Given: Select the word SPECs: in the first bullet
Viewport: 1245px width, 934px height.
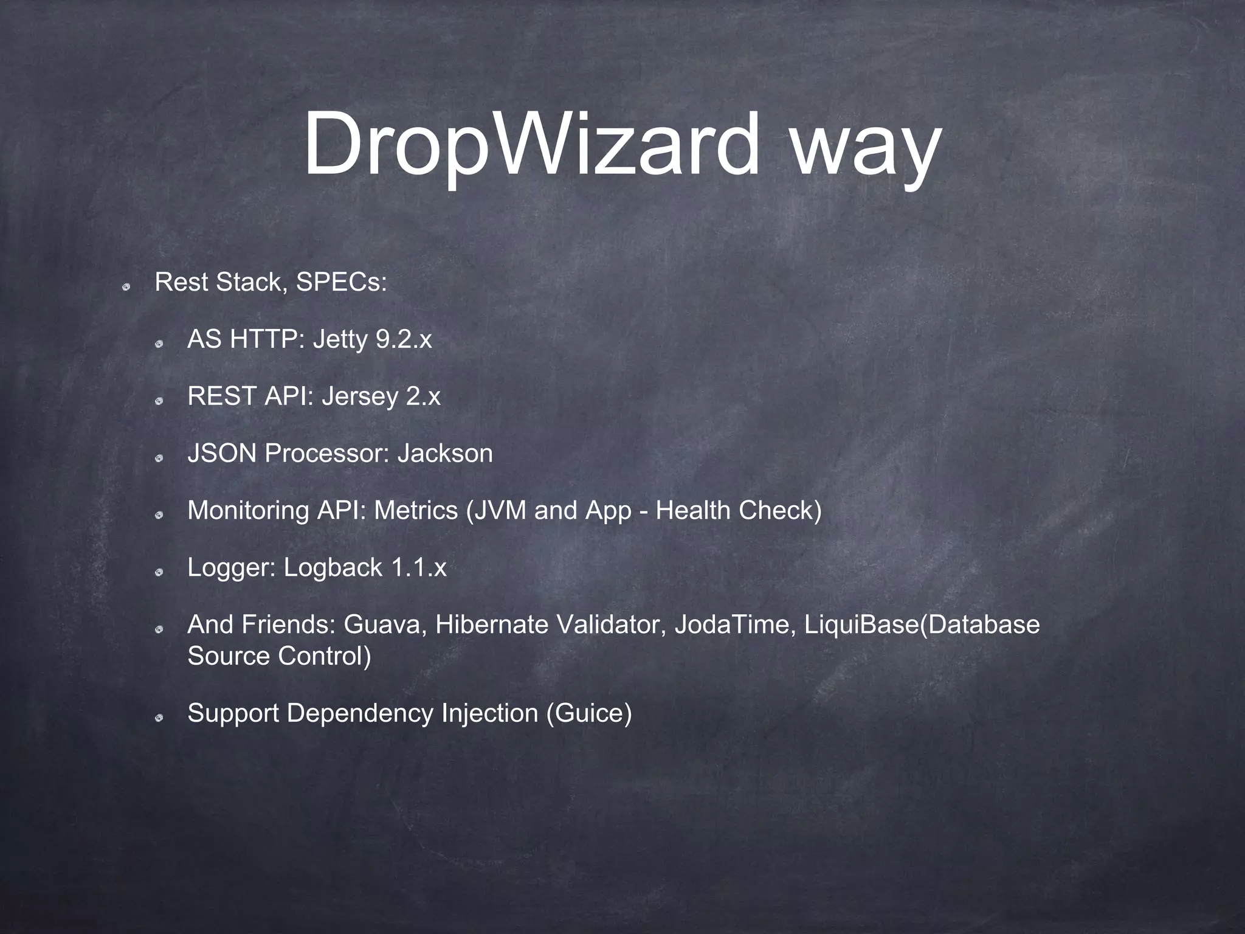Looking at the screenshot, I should (341, 282).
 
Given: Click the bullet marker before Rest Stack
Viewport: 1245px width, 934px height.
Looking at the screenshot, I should (126, 285).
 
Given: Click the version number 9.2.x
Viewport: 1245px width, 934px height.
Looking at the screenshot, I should (404, 339).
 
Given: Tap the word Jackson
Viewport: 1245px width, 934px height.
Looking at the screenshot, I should (445, 454).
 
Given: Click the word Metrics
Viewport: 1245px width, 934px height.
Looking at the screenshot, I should (416, 510).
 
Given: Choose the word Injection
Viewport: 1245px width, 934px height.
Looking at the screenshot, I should (490, 713).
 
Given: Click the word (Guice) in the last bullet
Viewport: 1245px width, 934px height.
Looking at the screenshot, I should (589, 713).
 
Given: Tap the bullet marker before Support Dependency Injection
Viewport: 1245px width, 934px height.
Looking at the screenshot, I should (159, 718).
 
